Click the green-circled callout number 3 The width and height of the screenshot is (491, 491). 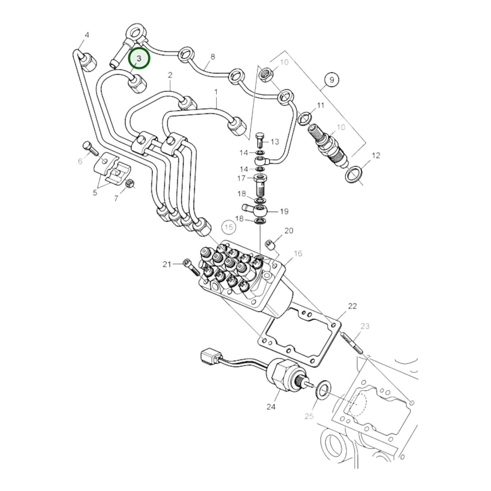[x=139, y=58]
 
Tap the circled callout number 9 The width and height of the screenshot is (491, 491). [x=332, y=80]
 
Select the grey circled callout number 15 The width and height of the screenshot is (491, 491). [x=229, y=227]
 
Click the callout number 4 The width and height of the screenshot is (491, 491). [x=87, y=35]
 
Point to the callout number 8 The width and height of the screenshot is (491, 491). [x=213, y=56]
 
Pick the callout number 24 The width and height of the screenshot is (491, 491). [x=271, y=406]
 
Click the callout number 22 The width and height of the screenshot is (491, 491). [x=352, y=306]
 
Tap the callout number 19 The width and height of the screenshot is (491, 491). [x=284, y=211]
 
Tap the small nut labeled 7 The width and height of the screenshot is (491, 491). [x=130, y=184]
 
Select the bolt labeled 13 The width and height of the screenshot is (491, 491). [x=259, y=139]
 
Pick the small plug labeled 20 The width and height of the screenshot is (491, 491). [x=271, y=243]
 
